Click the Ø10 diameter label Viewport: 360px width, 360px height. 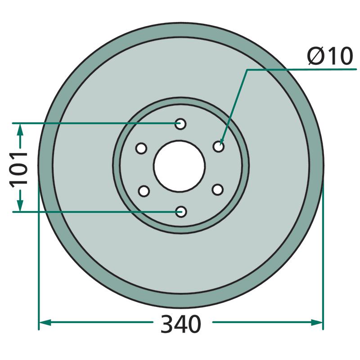(x=330, y=56)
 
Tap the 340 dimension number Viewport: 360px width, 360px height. (x=181, y=324)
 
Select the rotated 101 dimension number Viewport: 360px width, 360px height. (x=18, y=168)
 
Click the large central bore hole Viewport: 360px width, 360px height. (x=180, y=166)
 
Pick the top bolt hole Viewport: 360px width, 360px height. (x=180, y=124)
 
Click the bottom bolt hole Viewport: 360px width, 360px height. (x=181, y=211)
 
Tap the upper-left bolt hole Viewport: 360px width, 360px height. (x=141, y=148)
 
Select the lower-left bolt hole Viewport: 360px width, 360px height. (x=144, y=191)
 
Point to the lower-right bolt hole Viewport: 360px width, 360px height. (x=218, y=190)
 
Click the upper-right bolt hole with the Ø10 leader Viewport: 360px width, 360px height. (x=218, y=147)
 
